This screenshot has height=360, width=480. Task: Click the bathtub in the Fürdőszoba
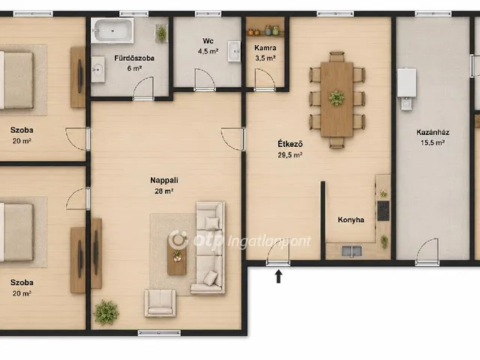point(113,30)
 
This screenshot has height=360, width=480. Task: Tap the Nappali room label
point(164,180)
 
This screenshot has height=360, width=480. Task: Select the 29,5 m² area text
point(290,155)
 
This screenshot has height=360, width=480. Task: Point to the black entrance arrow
point(278,276)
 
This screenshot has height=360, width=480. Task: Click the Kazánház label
point(433,132)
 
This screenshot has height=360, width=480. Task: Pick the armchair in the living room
point(160,303)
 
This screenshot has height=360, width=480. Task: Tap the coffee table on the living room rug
point(177,256)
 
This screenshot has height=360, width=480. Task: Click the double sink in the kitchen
point(352,251)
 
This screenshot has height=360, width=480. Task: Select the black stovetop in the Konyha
point(383,211)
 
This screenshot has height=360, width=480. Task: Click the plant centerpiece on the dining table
point(337,98)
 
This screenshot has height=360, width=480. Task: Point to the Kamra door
point(265,80)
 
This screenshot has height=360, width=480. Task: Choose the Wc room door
point(205,80)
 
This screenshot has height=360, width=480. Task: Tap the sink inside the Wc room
point(234,51)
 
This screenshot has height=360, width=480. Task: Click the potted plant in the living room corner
point(106,312)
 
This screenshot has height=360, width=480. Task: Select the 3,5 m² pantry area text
point(265,58)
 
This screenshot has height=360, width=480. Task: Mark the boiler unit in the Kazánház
point(406,88)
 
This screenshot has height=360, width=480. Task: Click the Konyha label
point(351,220)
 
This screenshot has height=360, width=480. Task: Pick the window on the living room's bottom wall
point(159,333)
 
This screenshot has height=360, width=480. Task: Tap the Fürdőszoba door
point(143,88)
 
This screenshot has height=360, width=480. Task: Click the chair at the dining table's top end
point(337,57)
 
